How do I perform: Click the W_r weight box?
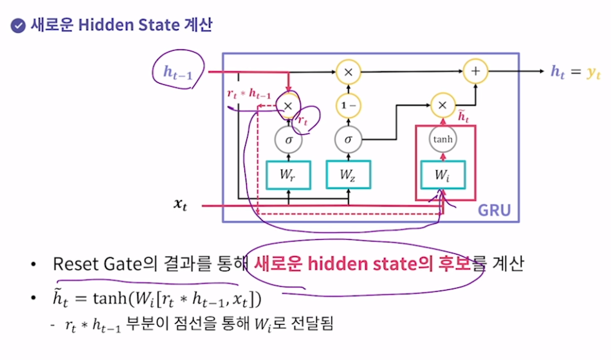288,174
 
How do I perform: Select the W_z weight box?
348,174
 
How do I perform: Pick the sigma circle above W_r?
288,139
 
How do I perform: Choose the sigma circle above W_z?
348,139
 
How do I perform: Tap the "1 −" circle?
348,105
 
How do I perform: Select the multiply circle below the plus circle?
442,105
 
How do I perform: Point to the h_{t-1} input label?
176,72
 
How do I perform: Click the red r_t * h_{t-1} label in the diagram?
248,94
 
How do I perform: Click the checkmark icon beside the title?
17,26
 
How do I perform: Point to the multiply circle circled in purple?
288,105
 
